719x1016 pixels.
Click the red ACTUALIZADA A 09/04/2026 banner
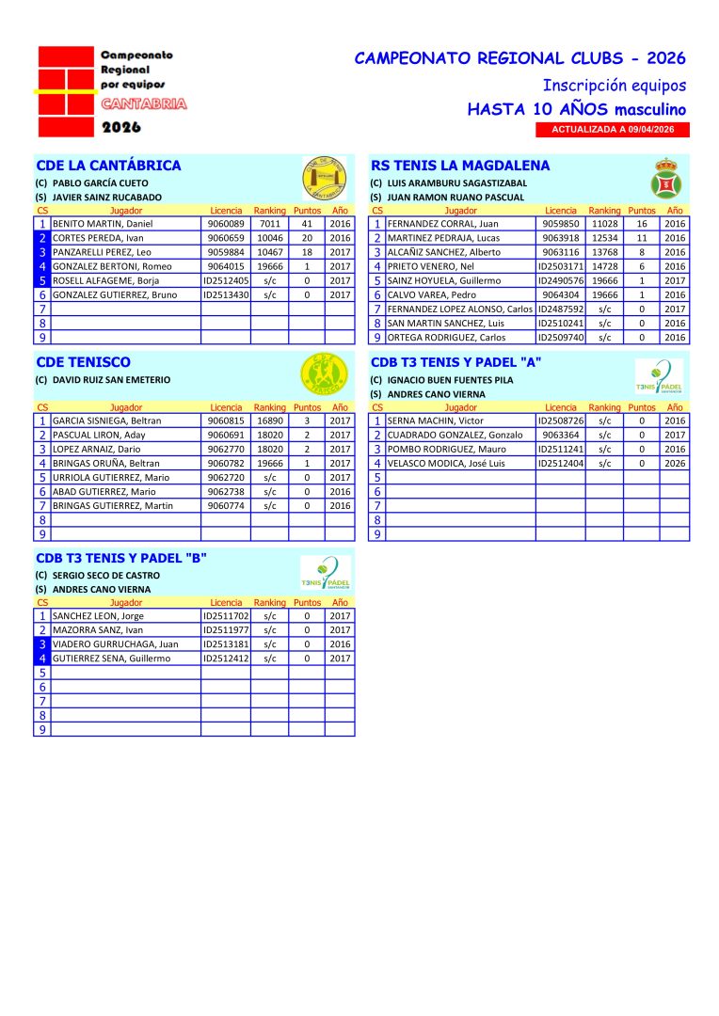click(613, 130)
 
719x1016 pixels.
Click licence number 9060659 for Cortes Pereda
click(226, 238)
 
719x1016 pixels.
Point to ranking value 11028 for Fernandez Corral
click(604, 224)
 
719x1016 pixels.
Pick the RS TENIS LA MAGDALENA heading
click(447, 166)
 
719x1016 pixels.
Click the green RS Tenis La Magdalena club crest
click(666, 178)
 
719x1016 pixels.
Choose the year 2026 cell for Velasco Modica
click(674, 463)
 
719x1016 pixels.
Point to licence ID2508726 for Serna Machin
click(561, 421)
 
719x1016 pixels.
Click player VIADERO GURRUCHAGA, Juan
click(116, 644)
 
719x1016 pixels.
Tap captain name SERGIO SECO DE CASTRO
click(106, 575)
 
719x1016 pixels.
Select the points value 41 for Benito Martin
click(307, 224)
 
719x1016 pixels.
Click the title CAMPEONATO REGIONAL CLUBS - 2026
click(519, 58)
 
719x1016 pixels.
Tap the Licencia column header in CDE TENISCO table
click(226, 407)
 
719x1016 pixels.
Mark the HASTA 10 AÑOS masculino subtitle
click(576, 109)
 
